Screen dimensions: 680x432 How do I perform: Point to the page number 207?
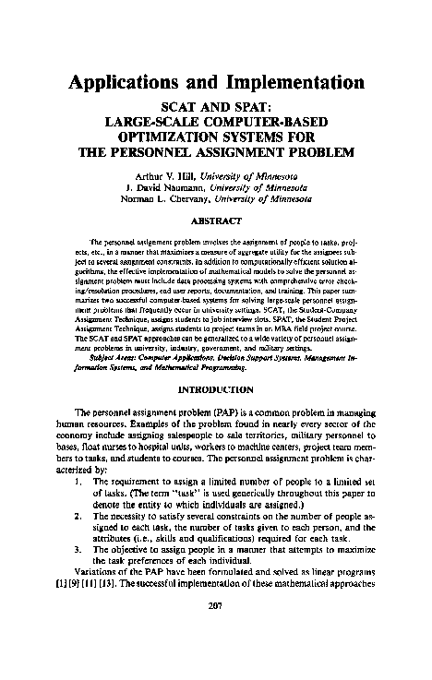click(216, 633)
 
